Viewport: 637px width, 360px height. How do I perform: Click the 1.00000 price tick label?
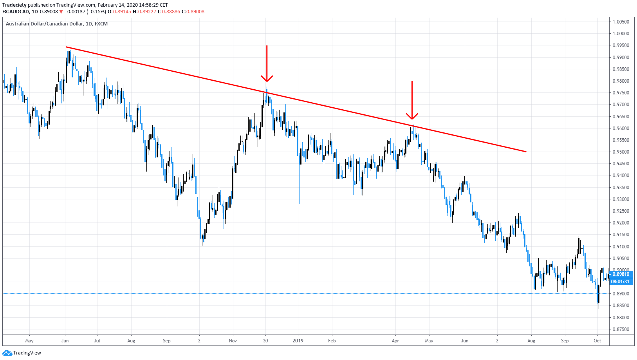click(621, 34)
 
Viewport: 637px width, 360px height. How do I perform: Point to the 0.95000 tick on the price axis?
click(621, 152)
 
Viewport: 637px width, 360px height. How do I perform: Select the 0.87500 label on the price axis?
click(621, 329)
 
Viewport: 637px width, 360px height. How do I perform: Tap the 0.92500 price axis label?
click(621, 211)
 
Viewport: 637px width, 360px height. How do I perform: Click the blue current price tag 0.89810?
click(621, 274)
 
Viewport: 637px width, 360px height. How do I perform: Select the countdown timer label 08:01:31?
click(621, 282)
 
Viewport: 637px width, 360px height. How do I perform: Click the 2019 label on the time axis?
click(298, 341)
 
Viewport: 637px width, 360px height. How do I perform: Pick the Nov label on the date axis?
click(233, 341)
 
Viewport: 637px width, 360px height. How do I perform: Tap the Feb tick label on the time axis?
click(332, 341)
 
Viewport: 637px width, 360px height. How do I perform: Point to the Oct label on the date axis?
click(597, 341)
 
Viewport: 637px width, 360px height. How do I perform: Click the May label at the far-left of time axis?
click(29, 341)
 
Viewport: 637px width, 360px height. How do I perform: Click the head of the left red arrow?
click(267, 80)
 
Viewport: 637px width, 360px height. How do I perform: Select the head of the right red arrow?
click(412, 118)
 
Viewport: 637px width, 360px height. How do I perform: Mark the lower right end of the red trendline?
click(526, 152)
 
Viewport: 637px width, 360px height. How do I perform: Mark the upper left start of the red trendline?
click(67, 47)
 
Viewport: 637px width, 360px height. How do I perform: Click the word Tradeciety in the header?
click(14, 5)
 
